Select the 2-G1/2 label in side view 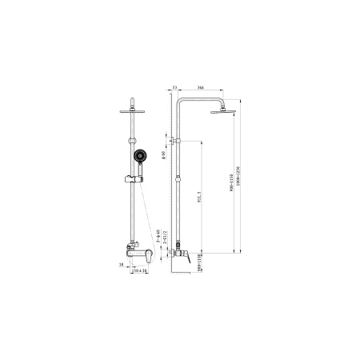tap(163, 234)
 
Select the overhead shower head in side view tap(220, 110)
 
